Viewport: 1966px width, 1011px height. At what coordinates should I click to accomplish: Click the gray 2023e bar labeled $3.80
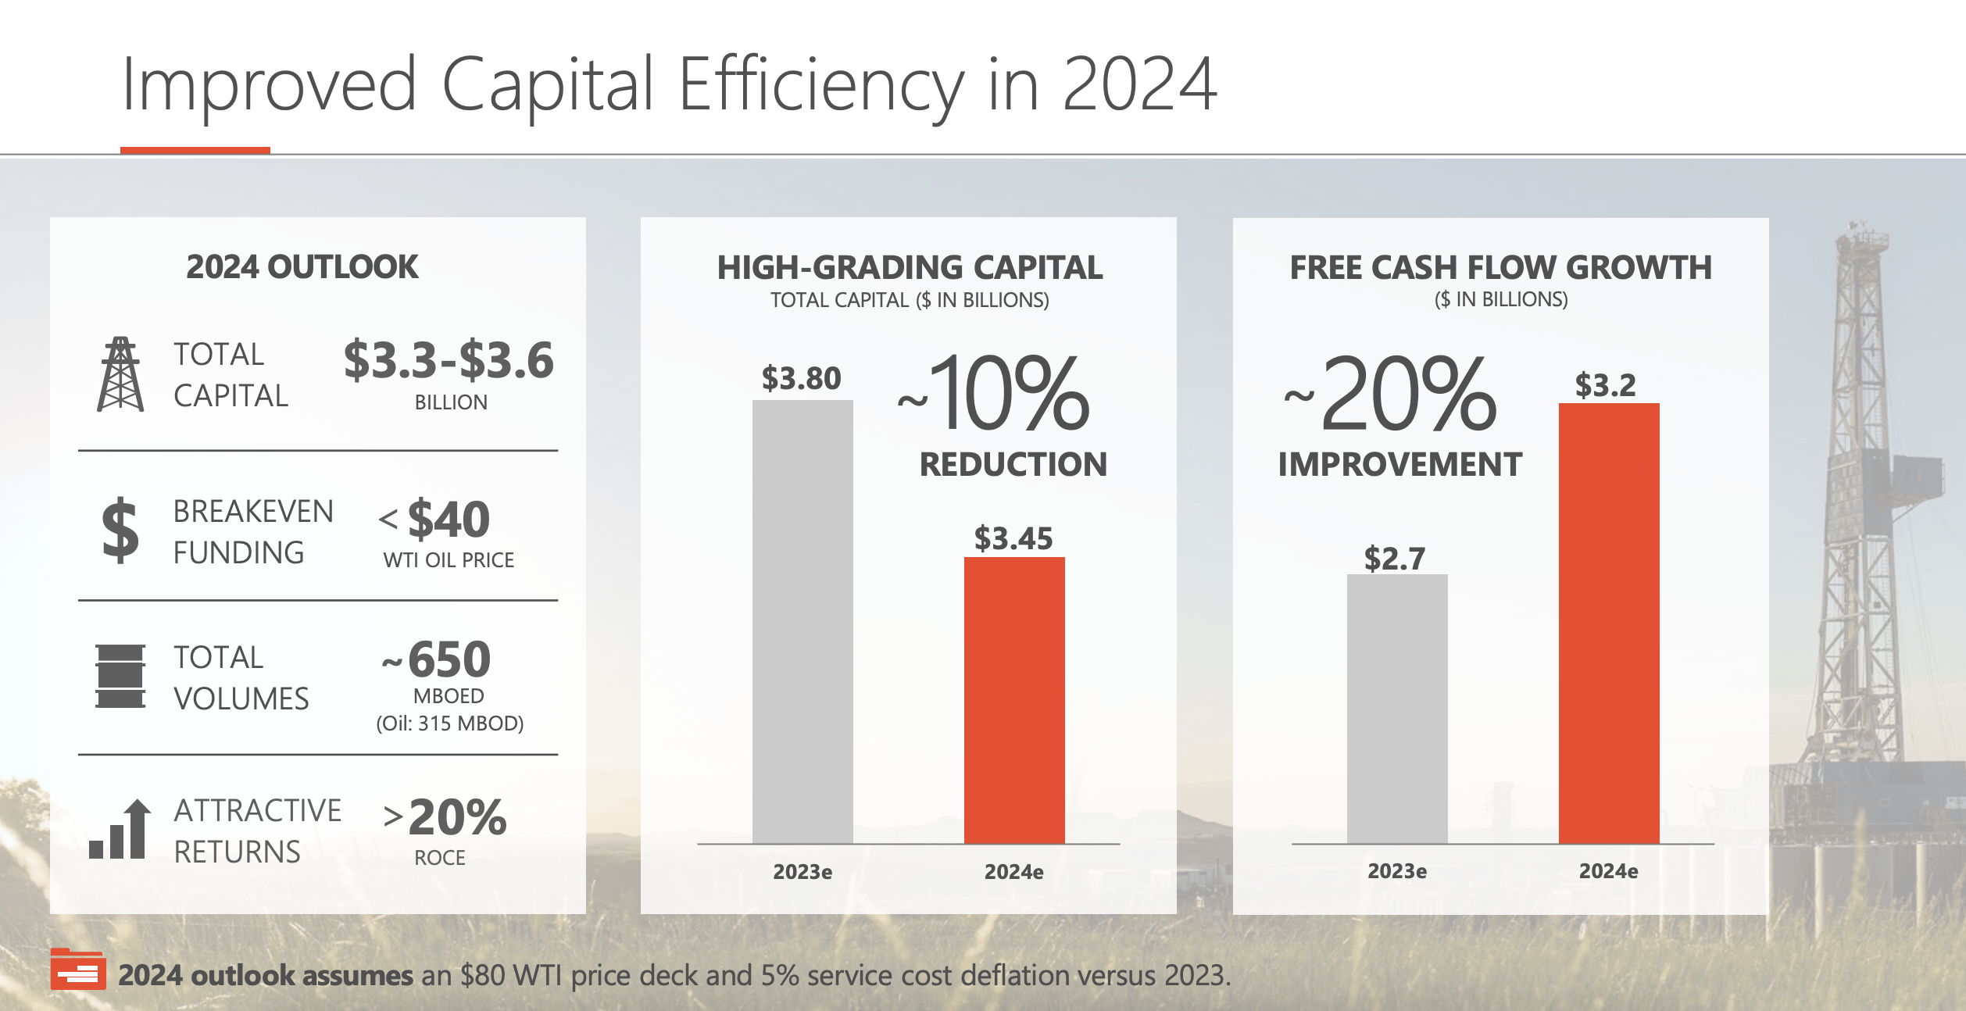(x=802, y=621)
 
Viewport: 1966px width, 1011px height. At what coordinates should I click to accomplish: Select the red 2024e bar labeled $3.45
(x=1014, y=699)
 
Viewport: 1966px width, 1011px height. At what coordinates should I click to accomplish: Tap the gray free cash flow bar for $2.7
(x=1397, y=708)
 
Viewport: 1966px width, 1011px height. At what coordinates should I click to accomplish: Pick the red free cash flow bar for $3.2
(x=1609, y=623)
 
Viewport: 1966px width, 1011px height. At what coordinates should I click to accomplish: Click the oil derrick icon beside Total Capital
(x=120, y=374)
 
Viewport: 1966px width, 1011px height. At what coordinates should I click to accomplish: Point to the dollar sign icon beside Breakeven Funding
(x=120, y=531)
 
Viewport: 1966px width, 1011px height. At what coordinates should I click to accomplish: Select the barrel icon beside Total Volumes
(x=120, y=677)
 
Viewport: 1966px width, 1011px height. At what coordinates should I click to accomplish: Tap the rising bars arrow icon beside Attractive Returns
(x=120, y=830)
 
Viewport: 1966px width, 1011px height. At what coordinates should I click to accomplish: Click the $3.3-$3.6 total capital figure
(x=449, y=361)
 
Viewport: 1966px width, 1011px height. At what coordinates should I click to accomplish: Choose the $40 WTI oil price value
(x=449, y=520)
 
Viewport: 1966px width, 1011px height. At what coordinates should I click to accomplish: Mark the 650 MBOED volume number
(x=449, y=659)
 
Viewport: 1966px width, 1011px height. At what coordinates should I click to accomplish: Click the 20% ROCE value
(x=457, y=817)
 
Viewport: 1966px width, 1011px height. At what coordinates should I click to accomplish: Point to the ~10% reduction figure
(x=1008, y=394)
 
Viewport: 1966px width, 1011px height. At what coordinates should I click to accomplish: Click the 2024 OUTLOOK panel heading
(x=302, y=267)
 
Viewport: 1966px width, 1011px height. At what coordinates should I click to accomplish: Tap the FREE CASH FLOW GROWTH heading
(x=1500, y=267)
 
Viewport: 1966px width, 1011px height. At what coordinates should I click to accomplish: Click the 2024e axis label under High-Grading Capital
(x=1013, y=872)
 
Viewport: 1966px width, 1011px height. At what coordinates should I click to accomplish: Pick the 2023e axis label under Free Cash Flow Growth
(x=1397, y=871)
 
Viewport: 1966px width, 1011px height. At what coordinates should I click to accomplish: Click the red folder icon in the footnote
(x=77, y=969)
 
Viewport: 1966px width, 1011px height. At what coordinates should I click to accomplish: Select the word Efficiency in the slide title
(x=820, y=84)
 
